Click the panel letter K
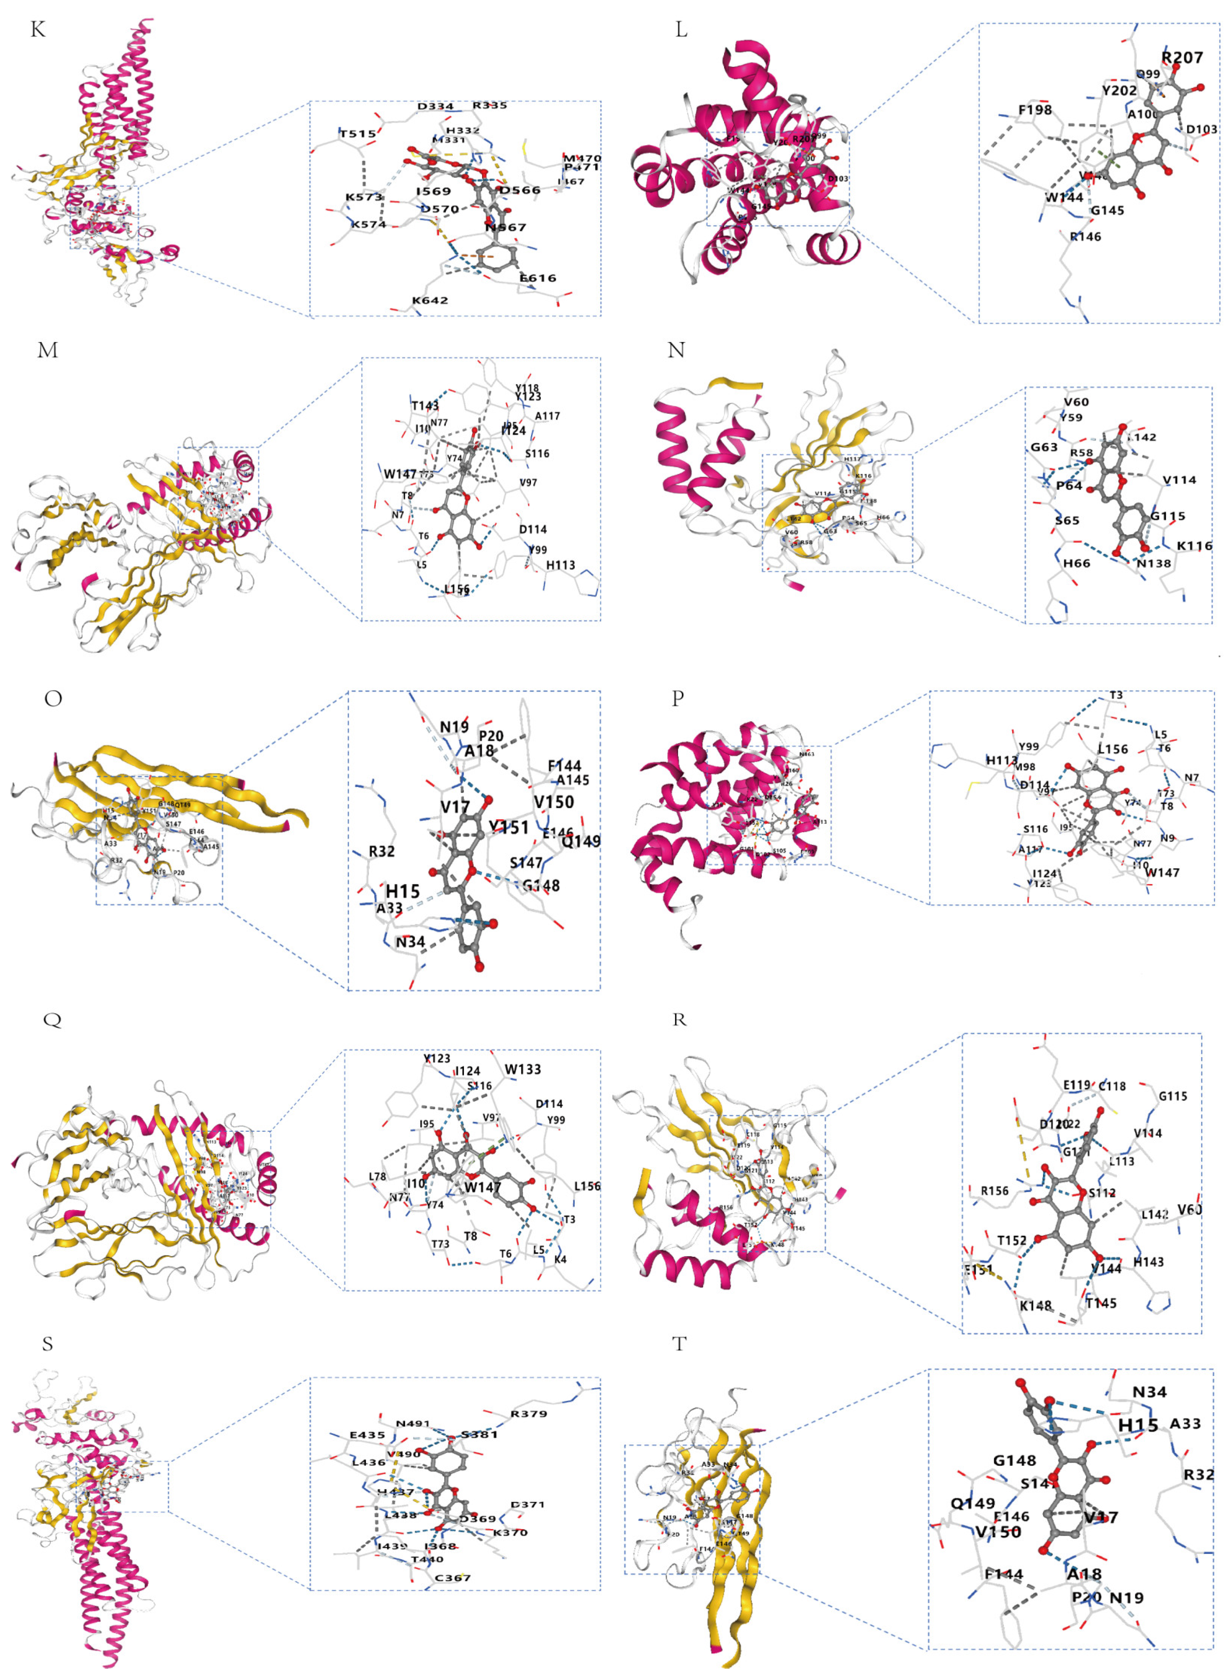(38, 30)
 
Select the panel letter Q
(52, 1019)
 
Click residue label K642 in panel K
(430, 300)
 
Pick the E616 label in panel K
(538, 278)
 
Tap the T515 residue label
(358, 134)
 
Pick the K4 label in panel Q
(560, 1260)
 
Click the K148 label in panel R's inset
(1036, 1306)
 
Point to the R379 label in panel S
(528, 1413)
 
